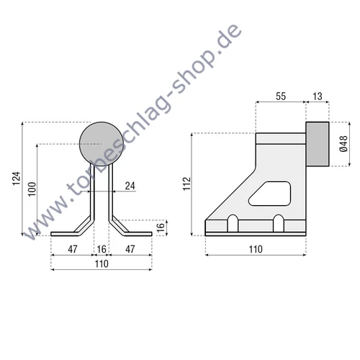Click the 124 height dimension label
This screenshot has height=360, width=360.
(17, 177)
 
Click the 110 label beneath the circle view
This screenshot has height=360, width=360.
(102, 264)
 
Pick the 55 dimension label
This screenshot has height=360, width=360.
(282, 96)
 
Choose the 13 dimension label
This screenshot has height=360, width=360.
(318, 96)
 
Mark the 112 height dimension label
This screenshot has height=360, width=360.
(186, 185)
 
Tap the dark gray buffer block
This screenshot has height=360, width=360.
(318, 144)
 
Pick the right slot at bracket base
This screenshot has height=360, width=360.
(277, 223)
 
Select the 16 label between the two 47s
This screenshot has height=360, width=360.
(102, 249)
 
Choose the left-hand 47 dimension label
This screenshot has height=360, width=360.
(73, 249)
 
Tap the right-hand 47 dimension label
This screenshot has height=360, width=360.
(131, 249)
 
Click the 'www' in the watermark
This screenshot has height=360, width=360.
(45, 220)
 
